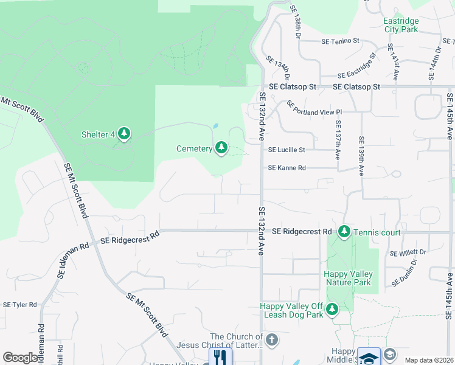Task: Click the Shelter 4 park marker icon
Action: pyautogui.click(x=124, y=134)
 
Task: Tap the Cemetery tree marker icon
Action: pyautogui.click(x=221, y=148)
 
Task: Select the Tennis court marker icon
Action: pyautogui.click(x=344, y=232)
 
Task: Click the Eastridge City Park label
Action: pyautogui.click(x=401, y=25)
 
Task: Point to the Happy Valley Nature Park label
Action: pyautogui.click(x=349, y=278)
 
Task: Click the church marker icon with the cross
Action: pyautogui.click(x=272, y=339)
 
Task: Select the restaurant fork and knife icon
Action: pyautogui.click(x=220, y=357)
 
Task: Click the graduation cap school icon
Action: pyautogui.click(x=369, y=357)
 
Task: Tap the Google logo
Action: pyautogui.click(x=20, y=358)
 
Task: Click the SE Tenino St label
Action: pyautogui.click(x=340, y=41)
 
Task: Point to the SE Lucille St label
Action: pyautogui.click(x=287, y=150)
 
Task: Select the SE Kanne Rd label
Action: pyautogui.click(x=287, y=168)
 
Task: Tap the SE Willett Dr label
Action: pyautogui.click(x=408, y=252)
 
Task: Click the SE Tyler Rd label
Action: pyautogui.click(x=20, y=304)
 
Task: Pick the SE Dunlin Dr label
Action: pyautogui.click(x=405, y=273)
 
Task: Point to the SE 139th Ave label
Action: pyautogui.click(x=361, y=156)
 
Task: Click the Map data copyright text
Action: pyautogui.click(x=428, y=360)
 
